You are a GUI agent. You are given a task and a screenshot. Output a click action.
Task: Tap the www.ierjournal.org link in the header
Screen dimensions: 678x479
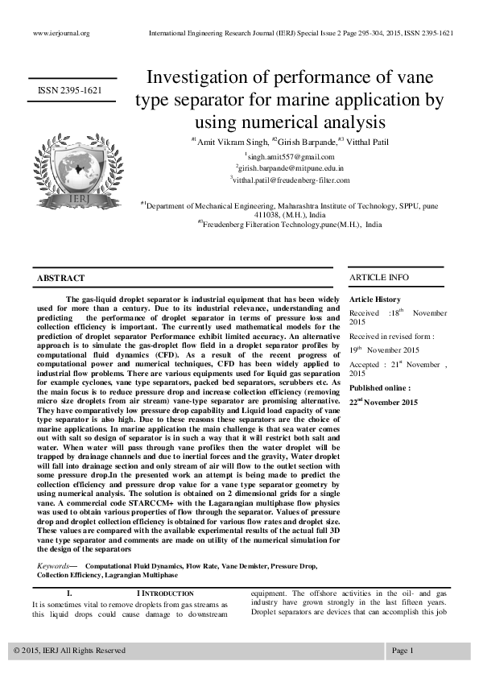coord(61,33)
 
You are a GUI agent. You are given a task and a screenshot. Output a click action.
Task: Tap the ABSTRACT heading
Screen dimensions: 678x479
coord(61,278)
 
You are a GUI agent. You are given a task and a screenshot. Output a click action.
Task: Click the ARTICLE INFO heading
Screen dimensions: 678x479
coord(378,278)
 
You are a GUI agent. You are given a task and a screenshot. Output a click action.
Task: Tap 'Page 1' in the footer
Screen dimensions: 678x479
coord(403,650)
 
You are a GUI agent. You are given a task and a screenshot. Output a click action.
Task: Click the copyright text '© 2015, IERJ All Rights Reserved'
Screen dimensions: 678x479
coord(70,650)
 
